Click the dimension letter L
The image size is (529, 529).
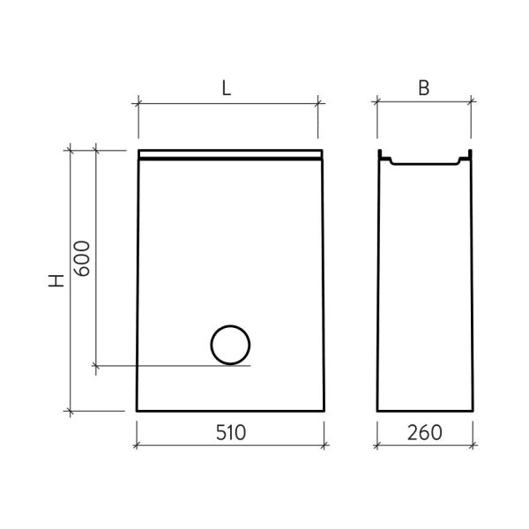click(227, 88)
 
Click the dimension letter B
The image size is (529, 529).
click(424, 88)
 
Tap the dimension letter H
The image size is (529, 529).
click(56, 281)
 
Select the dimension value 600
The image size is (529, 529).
click(80, 258)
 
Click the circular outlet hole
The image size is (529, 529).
click(230, 345)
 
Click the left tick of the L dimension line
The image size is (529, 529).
click(138, 103)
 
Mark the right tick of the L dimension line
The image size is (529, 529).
click(318, 103)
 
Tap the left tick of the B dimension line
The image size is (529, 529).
click(377, 102)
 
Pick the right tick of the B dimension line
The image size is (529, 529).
click(474, 102)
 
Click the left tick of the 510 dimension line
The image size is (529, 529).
click(137, 445)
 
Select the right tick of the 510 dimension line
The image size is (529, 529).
click(324, 445)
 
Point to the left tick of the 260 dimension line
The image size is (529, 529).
click(377, 445)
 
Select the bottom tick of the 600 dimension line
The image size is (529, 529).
click(94, 365)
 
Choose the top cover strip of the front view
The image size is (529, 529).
click(229, 155)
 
